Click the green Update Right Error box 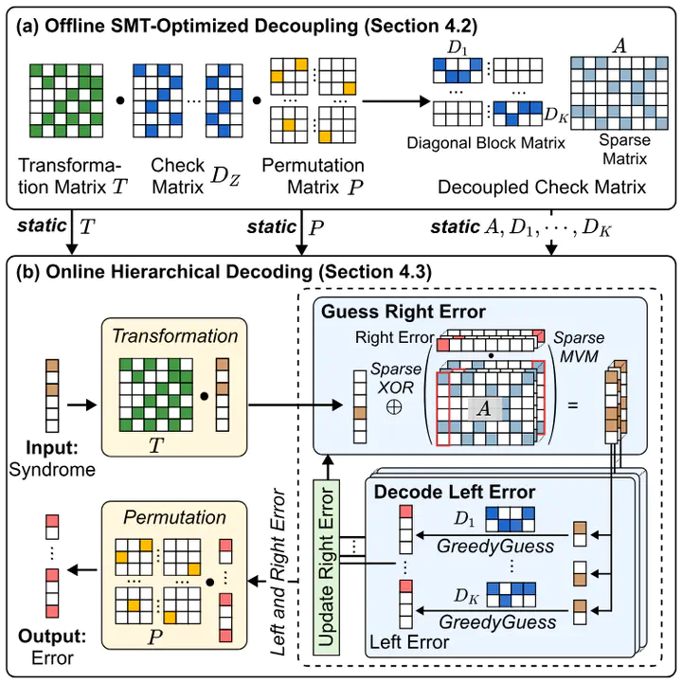tap(327, 567)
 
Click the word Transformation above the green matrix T tap(175, 336)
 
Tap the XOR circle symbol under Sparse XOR tap(394, 406)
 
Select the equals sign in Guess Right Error tap(573, 405)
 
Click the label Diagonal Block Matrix tap(486, 142)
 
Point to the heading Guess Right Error tap(404, 312)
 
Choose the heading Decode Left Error tap(455, 492)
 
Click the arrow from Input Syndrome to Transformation tap(81, 405)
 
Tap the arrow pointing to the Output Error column tap(82, 569)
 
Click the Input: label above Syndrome tap(52, 447)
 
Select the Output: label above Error tap(52, 637)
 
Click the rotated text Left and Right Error tap(278, 572)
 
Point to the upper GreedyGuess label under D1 tap(495, 546)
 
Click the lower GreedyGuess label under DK tap(497, 622)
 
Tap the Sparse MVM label tap(579, 347)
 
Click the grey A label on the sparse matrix tap(484, 408)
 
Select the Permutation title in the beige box tap(174, 517)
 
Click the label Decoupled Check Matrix tap(542, 187)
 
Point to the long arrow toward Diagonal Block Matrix tap(396, 101)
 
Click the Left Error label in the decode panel tap(409, 642)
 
